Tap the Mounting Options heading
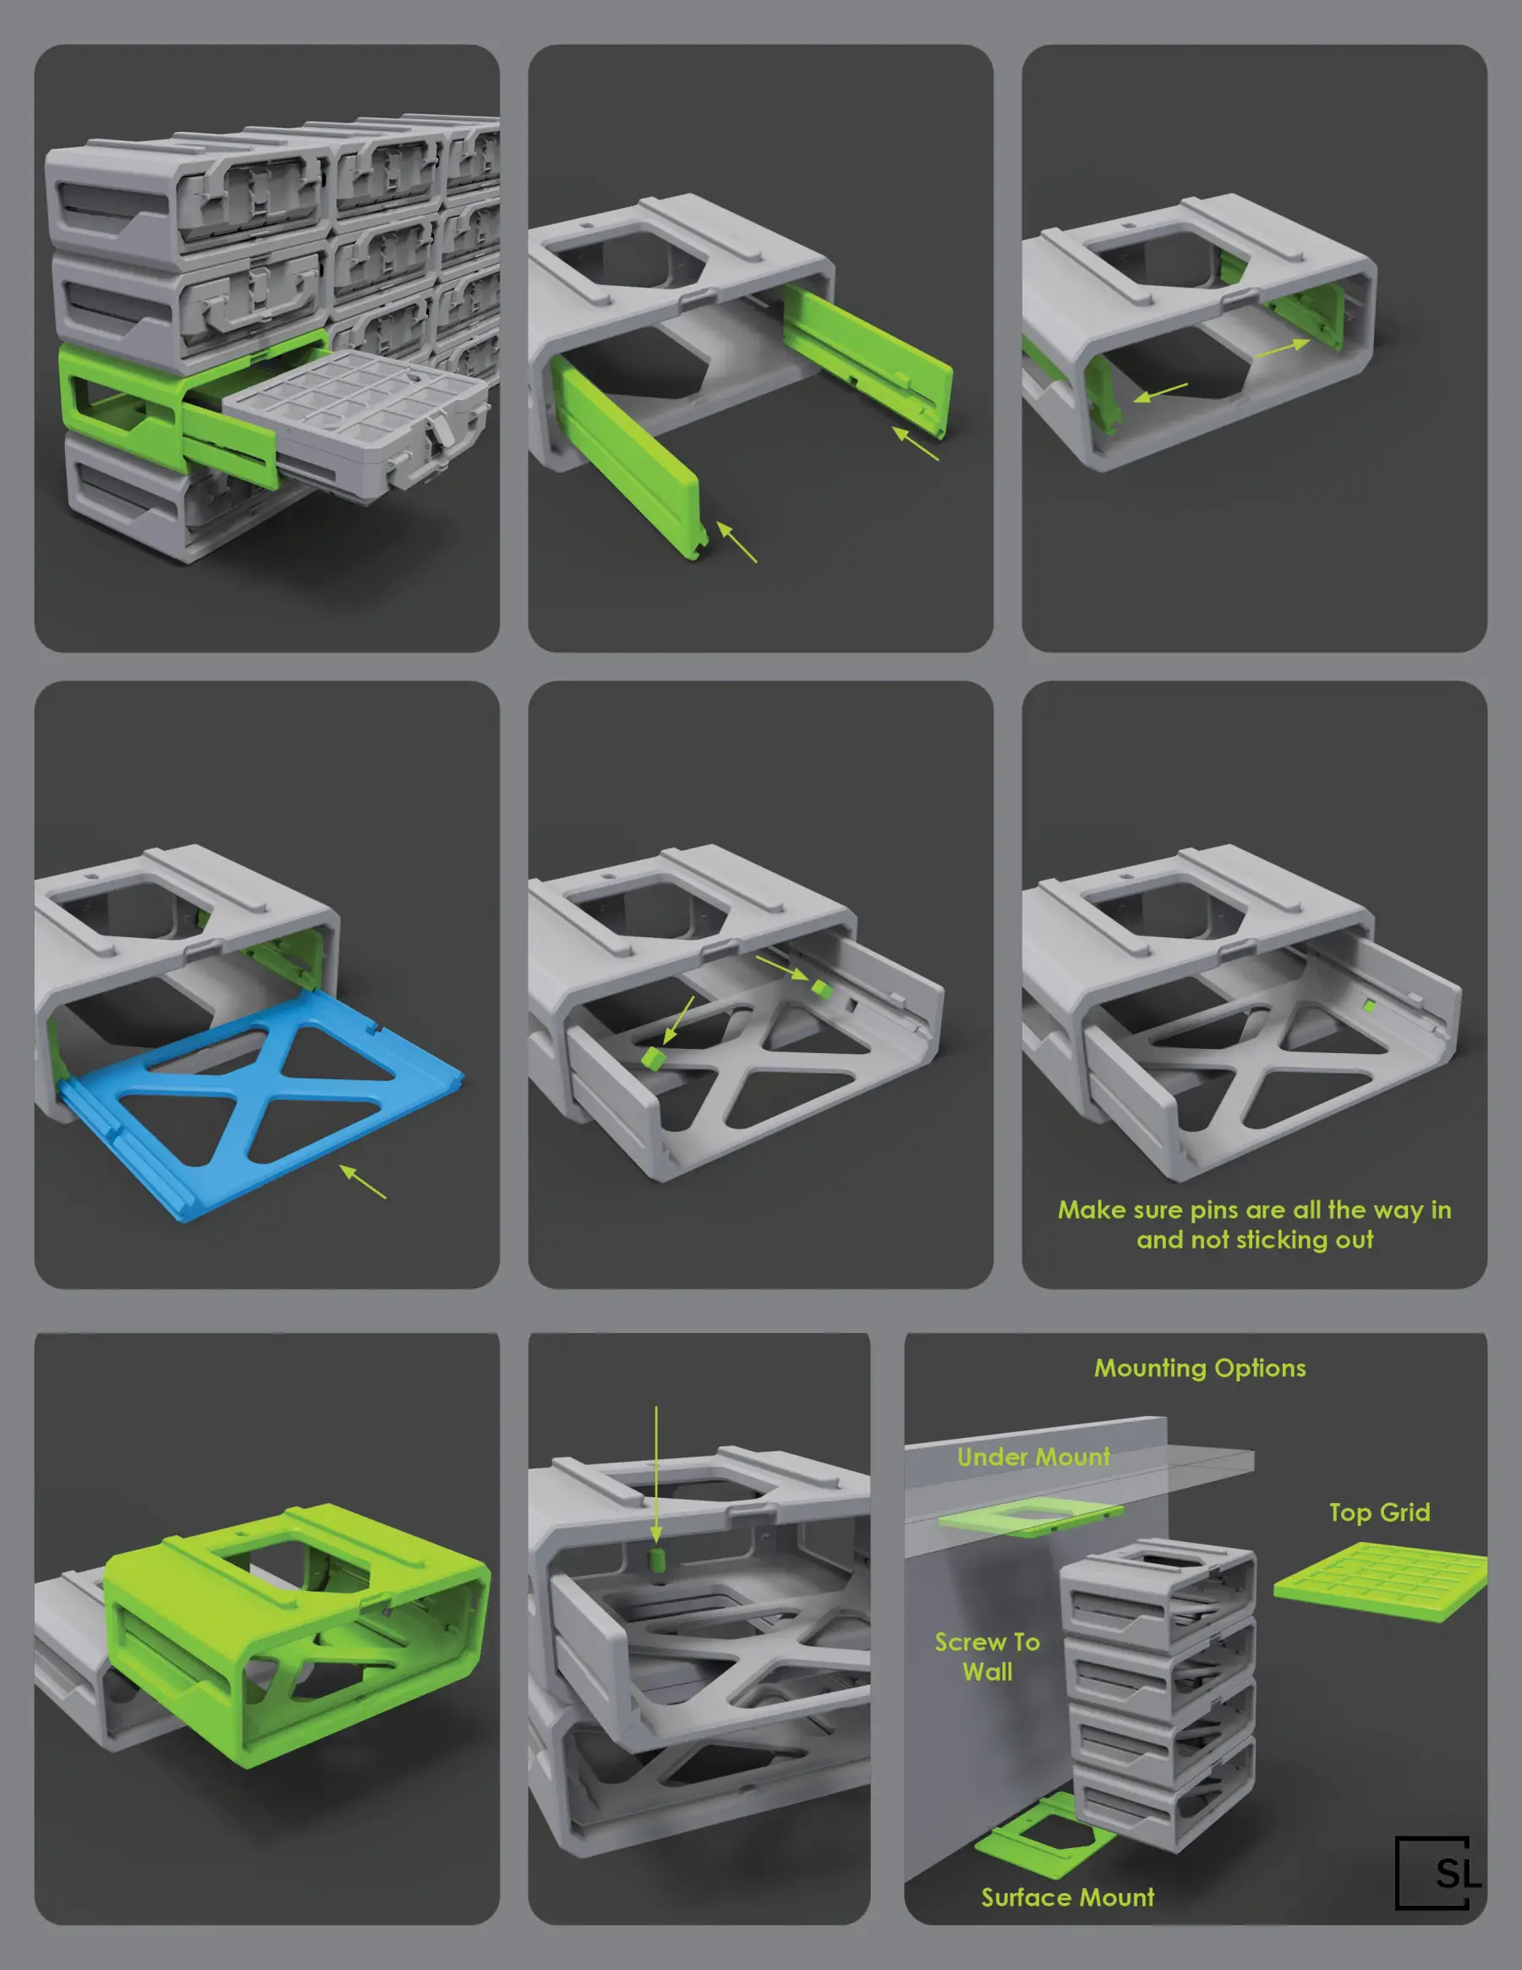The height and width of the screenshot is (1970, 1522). coord(1199,1369)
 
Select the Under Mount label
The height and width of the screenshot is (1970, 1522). coord(1033,1457)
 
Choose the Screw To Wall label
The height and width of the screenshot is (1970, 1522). coord(988,1656)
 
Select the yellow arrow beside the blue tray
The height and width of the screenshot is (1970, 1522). coord(363,1182)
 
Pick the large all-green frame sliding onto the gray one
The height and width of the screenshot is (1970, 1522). coord(298,1624)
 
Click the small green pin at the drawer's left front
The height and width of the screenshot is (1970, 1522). coord(652,1056)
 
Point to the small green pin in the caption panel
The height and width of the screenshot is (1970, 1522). coord(1368,1006)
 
